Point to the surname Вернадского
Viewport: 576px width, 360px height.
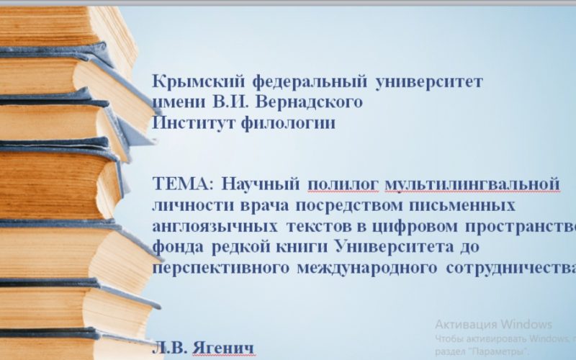tap(312, 102)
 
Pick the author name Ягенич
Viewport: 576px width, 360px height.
tap(223, 349)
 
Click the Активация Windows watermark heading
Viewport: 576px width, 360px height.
tap(493, 323)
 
